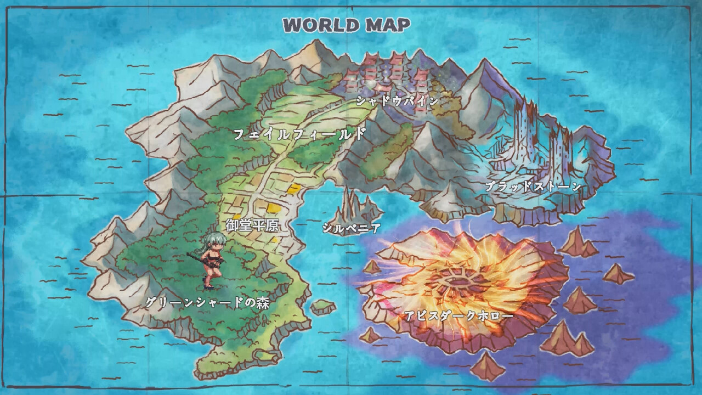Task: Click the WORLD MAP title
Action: (x=347, y=25)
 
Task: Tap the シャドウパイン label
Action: (x=398, y=101)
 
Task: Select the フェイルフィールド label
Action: (x=299, y=134)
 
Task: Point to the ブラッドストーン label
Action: (x=533, y=187)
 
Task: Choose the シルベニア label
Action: (x=352, y=228)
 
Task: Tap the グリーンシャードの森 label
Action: (x=208, y=302)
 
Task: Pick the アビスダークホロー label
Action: (x=459, y=316)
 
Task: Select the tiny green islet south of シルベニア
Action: (x=323, y=307)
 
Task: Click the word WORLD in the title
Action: (x=320, y=25)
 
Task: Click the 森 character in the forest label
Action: (x=263, y=302)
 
